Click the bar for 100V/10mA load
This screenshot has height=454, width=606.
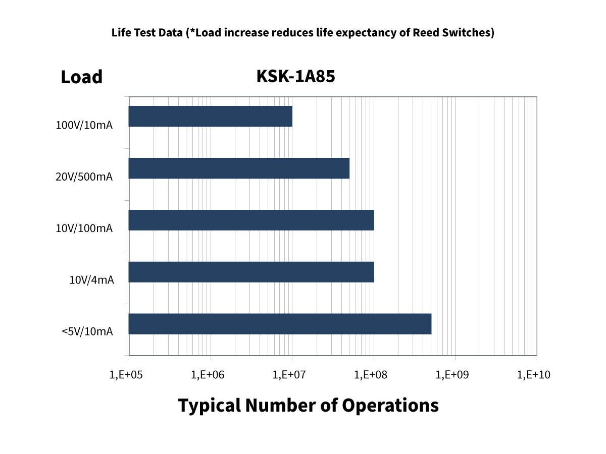tap(211, 117)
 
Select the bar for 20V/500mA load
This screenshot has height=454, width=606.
tap(239, 168)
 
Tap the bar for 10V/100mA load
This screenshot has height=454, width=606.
tap(251, 220)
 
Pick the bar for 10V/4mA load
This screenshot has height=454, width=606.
tap(251, 272)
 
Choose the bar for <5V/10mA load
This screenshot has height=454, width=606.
tap(280, 324)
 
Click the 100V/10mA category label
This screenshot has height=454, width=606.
tap(84, 125)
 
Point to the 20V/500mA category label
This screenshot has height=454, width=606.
tap(84, 177)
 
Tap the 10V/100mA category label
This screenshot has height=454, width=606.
tap(84, 229)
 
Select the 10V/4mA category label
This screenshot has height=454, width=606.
tap(91, 280)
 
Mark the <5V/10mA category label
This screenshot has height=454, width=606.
tap(87, 331)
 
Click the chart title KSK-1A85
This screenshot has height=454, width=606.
tap(295, 77)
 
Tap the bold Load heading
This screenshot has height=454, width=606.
tap(81, 77)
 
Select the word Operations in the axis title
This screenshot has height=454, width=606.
tap(390, 406)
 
